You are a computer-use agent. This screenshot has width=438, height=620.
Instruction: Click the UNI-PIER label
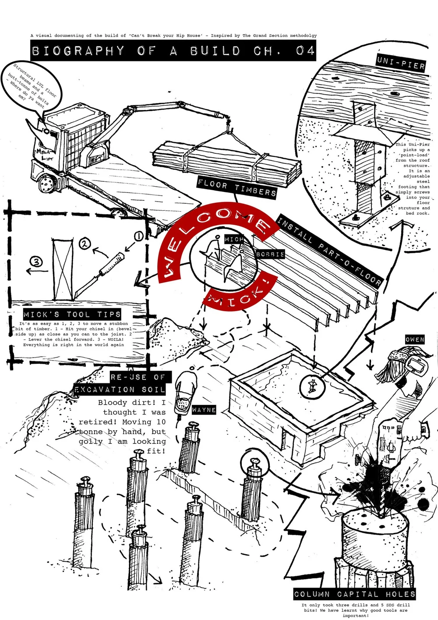[400, 63]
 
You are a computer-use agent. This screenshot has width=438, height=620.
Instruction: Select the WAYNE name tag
[204, 410]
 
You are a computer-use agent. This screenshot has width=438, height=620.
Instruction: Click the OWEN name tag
[414, 340]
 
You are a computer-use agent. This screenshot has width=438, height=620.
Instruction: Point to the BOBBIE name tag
[270, 254]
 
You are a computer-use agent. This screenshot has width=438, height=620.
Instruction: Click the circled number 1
[138, 237]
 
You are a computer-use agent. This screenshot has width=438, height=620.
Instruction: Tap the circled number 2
[85, 244]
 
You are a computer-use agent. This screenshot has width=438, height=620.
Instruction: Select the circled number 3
[36, 262]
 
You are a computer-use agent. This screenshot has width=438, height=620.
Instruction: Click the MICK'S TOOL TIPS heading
[72, 314]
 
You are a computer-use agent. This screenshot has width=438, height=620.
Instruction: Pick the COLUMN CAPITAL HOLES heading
[354, 594]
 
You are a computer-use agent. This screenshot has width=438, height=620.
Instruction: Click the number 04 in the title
[305, 51]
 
